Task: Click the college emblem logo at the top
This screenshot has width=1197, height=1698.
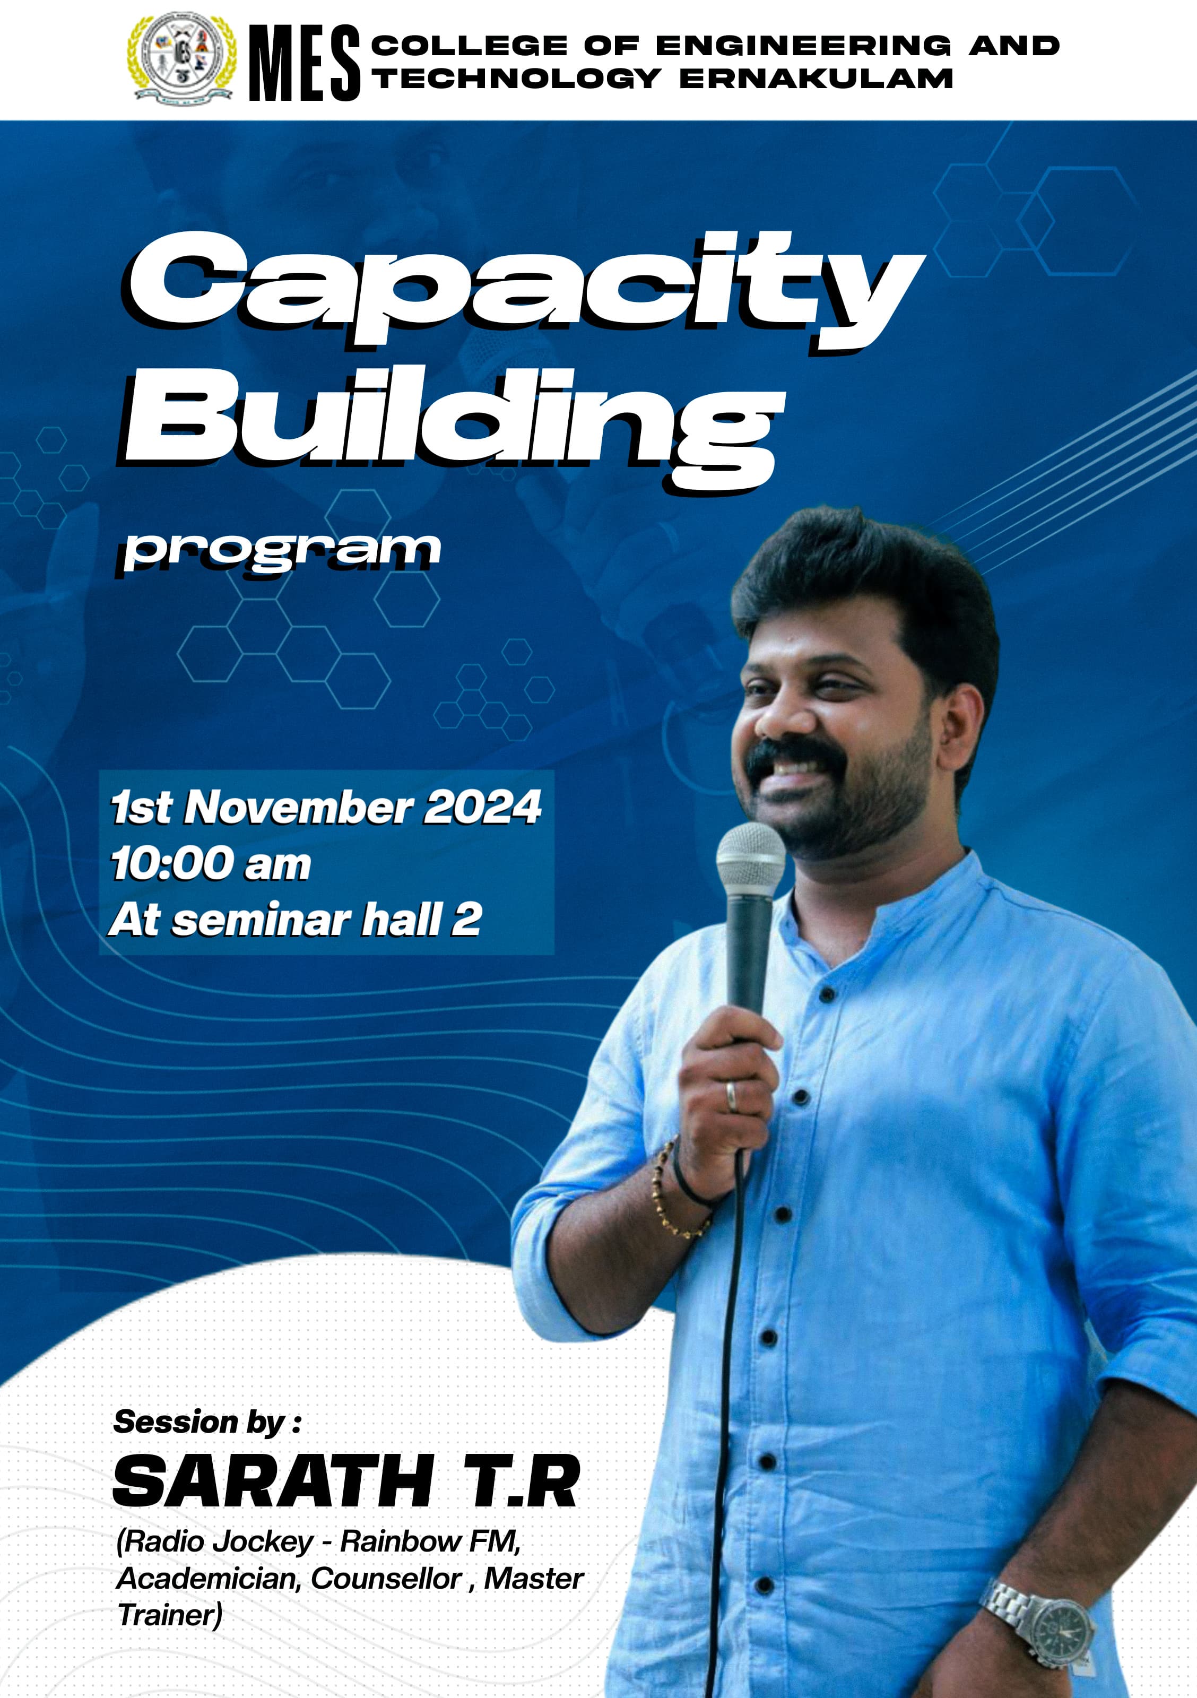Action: [182, 59]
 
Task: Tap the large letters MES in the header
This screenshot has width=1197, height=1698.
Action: [305, 63]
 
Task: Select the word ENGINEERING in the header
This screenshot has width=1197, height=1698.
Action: [804, 46]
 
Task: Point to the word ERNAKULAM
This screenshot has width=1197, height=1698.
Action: [816, 79]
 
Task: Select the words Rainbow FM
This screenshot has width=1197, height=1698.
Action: [430, 1541]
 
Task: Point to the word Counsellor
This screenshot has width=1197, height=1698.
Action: [386, 1578]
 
